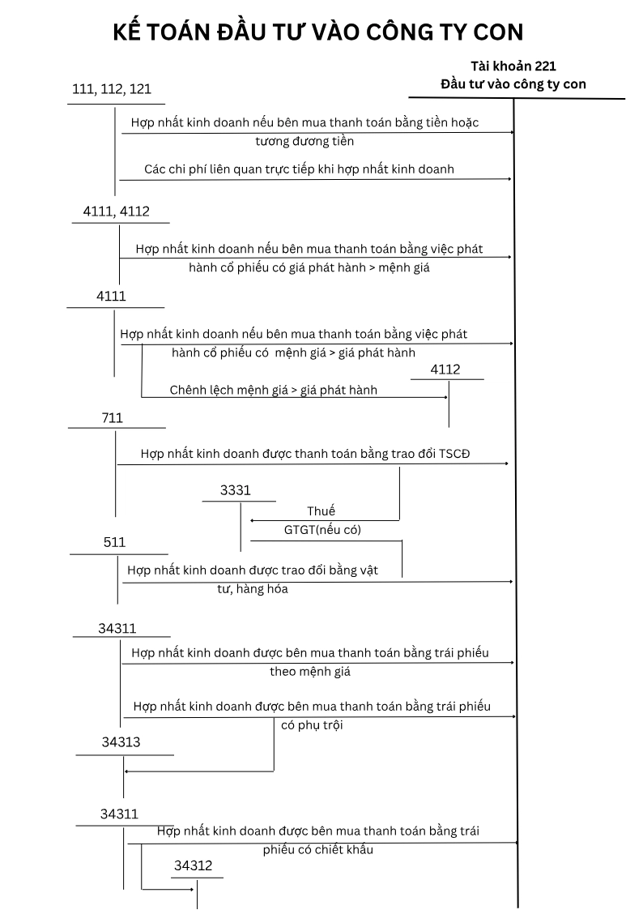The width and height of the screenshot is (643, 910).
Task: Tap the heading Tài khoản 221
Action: pos(513,66)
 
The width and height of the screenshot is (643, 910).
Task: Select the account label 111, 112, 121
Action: pos(112,89)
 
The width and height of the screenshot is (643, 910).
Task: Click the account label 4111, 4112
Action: pos(116,211)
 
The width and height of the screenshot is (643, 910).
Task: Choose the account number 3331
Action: pos(236,490)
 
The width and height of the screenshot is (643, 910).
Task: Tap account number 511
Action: pos(115,542)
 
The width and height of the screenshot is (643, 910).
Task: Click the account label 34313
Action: pos(121,741)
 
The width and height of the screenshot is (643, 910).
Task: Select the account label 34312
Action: pos(193,866)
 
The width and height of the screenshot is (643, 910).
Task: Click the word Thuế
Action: pos(321,511)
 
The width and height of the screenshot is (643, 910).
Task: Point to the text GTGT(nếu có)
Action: pos(322,530)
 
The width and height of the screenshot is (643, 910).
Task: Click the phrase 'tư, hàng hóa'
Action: pos(252,589)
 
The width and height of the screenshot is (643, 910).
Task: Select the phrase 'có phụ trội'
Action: pos(312,725)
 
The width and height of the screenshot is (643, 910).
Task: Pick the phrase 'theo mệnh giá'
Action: pos(310,672)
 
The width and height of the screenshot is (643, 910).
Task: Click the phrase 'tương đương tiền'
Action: pos(304,140)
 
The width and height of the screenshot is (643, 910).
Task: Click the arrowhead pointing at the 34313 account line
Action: pos(127,771)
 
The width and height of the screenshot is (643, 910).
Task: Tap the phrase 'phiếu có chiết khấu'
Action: pos(317,850)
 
